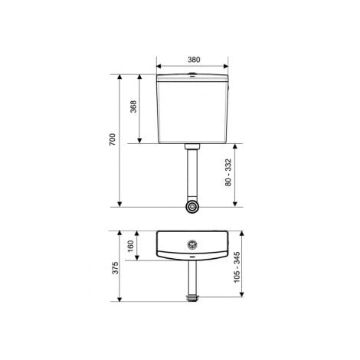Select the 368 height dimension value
pos(133,108)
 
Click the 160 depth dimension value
pos(130,245)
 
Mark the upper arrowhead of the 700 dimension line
pos(120,77)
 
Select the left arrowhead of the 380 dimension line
pos(159,65)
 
